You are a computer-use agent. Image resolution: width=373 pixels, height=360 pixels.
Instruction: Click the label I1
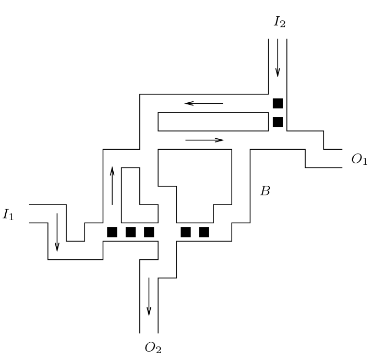point(9,215)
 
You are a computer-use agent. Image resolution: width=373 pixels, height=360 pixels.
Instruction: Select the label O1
point(359,160)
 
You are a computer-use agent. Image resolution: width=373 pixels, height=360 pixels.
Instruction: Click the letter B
point(265,191)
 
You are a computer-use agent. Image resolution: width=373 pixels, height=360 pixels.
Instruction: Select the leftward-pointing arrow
point(203,103)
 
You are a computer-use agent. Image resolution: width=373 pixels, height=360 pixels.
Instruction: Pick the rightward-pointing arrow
point(204,140)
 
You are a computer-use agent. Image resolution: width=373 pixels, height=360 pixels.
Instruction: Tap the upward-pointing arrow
point(112,186)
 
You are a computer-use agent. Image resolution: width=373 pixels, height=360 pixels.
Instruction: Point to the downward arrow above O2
point(149,296)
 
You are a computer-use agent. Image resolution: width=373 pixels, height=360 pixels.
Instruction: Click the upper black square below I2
point(278,103)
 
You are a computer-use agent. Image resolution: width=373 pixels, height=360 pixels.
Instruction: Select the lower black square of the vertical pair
point(278,122)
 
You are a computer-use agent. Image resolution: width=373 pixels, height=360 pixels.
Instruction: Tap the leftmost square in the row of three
point(112,232)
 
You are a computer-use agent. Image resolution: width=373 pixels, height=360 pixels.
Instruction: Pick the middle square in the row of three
point(131,232)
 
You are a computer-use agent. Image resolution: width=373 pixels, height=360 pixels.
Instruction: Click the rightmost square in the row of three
point(149,232)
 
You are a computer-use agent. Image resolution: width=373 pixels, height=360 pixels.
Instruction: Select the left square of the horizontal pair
point(186,232)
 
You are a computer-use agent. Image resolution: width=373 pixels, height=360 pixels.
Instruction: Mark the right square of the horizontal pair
point(204,232)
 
